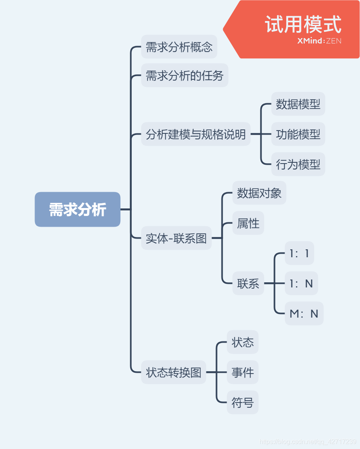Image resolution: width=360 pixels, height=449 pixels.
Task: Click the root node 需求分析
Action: click(77, 210)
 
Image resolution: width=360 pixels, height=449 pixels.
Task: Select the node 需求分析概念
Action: click(179, 47)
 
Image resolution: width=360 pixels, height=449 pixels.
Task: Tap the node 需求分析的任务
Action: click(185, 75)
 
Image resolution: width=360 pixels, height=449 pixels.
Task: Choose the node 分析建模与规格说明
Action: click(196, 134)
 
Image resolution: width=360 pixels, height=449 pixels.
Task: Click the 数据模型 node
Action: click(298, 104)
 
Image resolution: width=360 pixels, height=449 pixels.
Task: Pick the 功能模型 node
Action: click(298, 134)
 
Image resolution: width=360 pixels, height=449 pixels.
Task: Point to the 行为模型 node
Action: click(298, 164)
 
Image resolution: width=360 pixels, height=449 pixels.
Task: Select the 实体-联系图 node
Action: click(176, 238)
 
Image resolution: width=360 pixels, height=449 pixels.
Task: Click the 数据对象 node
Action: click(259, 193)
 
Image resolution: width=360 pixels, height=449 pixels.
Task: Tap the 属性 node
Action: click(248, 223)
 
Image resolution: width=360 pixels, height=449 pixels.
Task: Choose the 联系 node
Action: click(248, 283)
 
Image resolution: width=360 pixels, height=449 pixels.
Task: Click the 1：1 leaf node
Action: click(299, 253)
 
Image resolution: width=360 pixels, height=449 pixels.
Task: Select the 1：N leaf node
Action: click(301, 283)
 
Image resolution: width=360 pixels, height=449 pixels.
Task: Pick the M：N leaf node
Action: click(304, 314)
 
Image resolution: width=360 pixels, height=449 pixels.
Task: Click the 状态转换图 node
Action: click(173, 372)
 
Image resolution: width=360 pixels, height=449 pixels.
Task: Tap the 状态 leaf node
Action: click(243, 342)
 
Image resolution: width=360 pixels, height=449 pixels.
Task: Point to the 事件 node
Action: click(243, 372)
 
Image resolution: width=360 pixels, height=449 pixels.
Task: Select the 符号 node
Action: click(243, 403)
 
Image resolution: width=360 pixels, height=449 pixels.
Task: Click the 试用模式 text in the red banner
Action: click(303, 25)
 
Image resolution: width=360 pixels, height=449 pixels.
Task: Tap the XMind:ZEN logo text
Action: click(319, 41)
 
